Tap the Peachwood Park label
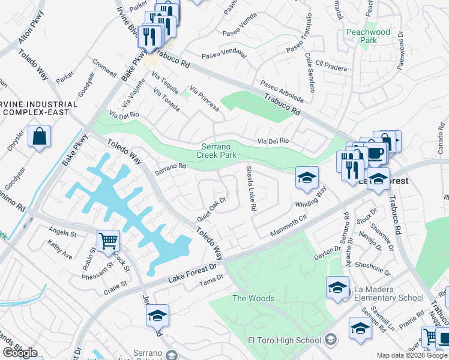point(368,36)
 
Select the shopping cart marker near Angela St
point(108,241)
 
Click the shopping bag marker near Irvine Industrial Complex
point(39,136)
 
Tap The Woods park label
point(253,298)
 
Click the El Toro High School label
point(285,341)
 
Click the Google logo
point(20,353)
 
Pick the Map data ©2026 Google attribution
point(412,355)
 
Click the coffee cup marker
point(376,152)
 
